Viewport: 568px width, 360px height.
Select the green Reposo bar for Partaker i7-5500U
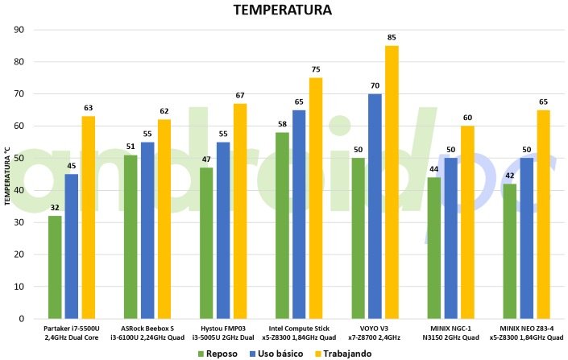[55, 267]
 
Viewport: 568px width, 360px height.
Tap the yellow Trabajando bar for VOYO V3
[392, 182]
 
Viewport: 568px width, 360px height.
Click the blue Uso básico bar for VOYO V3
[375, 206]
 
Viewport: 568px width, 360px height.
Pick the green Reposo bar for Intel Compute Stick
[282, 226]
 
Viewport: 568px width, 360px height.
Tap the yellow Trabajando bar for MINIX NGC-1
[467, 222]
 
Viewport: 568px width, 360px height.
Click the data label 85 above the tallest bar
[392, 37]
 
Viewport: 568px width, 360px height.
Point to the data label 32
[55, 208]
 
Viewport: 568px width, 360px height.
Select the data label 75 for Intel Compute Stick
[316, 69]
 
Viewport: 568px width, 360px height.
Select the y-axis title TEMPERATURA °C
[7, 174]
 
